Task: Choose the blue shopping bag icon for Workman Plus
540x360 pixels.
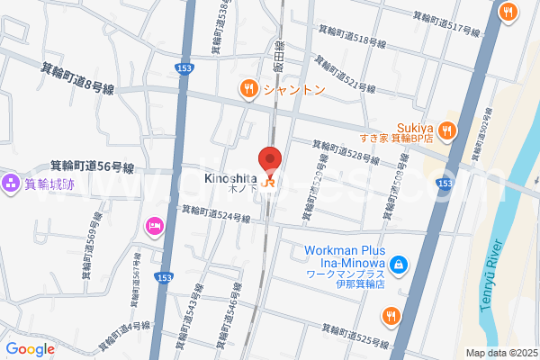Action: pyautogui.click(x=398, y=265)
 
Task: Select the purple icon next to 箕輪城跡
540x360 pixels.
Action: pyautogui.click(x=11, y=184)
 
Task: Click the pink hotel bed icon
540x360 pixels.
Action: pyautogui.click(x=153, y=224)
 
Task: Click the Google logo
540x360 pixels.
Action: pyautogui.click(x=30, y=349)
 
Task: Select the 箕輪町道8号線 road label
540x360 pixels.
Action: pyautogui.click(x=77, y=77)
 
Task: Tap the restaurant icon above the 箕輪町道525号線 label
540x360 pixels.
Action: pyautogui.click(x=390, y=315)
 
